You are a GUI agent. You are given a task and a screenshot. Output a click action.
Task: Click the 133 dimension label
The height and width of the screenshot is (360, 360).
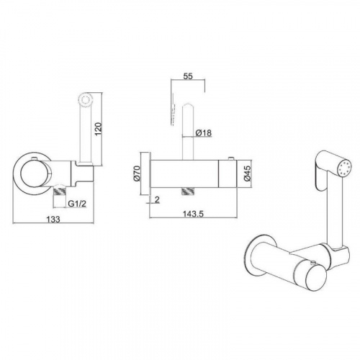(53, 219)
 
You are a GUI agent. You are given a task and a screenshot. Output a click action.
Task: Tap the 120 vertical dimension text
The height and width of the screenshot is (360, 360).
(99, 129)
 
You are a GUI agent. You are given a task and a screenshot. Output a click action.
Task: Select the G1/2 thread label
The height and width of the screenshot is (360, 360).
(77, 204)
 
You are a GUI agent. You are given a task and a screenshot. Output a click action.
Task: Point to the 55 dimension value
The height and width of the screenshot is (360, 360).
(188, 76)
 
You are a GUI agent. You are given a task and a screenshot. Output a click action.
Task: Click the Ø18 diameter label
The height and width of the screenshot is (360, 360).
(204, 132)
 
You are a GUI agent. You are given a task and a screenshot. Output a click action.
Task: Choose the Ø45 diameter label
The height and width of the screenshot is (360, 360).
(247, 174)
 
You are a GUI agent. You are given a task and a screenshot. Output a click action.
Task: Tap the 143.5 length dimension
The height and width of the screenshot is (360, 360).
(193, 213)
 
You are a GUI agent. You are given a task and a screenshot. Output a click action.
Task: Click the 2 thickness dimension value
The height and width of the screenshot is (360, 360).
(157, 199)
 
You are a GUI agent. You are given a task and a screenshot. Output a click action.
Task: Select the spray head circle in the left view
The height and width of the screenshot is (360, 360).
(86, 99)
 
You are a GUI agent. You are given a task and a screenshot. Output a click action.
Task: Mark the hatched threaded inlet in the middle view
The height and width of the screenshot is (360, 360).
(188, 192)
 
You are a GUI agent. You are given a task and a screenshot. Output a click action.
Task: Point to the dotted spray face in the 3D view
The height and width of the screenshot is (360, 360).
(344, 168)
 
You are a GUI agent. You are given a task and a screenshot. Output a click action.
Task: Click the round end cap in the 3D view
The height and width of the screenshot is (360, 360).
(314, 279)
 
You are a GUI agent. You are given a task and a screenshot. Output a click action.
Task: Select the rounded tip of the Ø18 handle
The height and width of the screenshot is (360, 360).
(188, 107)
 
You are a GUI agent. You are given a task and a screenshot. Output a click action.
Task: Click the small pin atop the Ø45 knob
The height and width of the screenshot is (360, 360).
(231, 158)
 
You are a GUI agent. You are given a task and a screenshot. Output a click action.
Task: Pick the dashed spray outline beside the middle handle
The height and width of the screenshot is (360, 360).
(173, 109)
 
